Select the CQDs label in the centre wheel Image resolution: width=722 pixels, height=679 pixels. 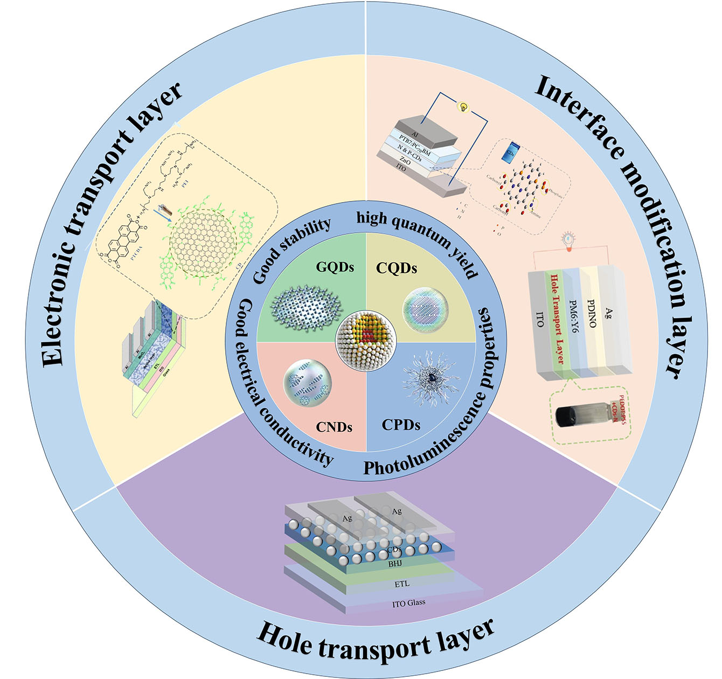[x=397, y=268]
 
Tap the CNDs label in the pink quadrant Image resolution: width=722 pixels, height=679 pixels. [x=334, y=427]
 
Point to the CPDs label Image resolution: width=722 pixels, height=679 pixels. [x=400, y=425]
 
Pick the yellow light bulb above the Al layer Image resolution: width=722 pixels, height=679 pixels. [x=462, y=107]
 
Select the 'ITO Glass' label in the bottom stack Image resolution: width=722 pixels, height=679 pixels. [x=408, y=603]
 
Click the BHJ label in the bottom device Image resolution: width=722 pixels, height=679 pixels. [x=395, y=564]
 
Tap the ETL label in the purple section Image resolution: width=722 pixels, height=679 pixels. [x=401, y=584]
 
